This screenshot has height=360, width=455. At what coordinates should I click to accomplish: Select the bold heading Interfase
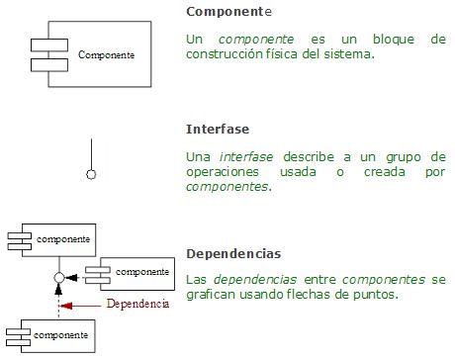pyautogui.click(x=218, y=130)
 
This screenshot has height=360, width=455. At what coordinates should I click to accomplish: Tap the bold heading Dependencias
pyautogui.click(x=233, y=254)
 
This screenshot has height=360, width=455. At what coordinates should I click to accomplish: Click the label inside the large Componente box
pyautogui.click(x=106, y=54)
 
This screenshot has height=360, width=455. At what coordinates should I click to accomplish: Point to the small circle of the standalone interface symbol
pyautogui.click(x=92, y=174)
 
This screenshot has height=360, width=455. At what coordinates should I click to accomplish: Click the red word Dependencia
pyautogui.click(x=137, y=304)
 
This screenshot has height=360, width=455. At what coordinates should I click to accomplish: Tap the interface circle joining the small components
pyautogui.click(x=59, y=277)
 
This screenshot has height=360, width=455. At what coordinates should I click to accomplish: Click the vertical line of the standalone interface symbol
pyautogui.click(x=92, y=153)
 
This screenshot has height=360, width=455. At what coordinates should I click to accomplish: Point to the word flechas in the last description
pyautogui.click(x=314, y=294)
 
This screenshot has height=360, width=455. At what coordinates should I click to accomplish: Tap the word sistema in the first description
pyautogui.click(x=347, y=55)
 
